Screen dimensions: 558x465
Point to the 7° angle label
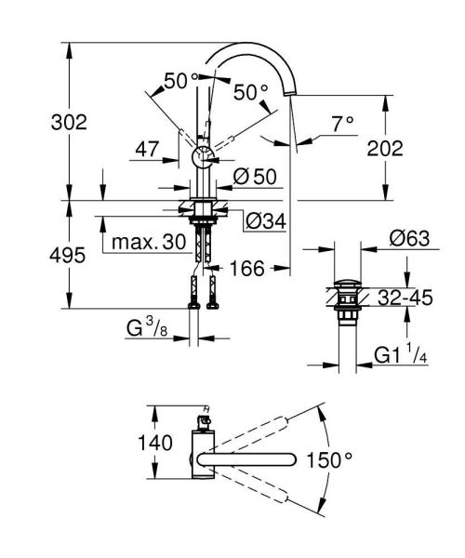tap(343, 122)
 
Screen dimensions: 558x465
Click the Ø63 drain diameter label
tap(408, 238)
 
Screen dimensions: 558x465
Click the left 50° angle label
tap(180, 81)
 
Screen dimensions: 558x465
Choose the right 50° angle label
tap(251, 92)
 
